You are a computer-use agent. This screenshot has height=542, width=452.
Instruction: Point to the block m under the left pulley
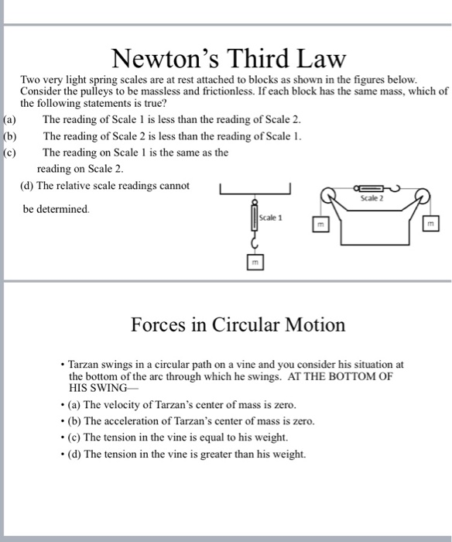pos(319,225)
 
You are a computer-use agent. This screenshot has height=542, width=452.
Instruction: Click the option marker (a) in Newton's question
pos(9,119)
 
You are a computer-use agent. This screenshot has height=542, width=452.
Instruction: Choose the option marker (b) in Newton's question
pos(9,136)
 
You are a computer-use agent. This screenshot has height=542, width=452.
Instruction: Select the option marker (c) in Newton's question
pos(9,153)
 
